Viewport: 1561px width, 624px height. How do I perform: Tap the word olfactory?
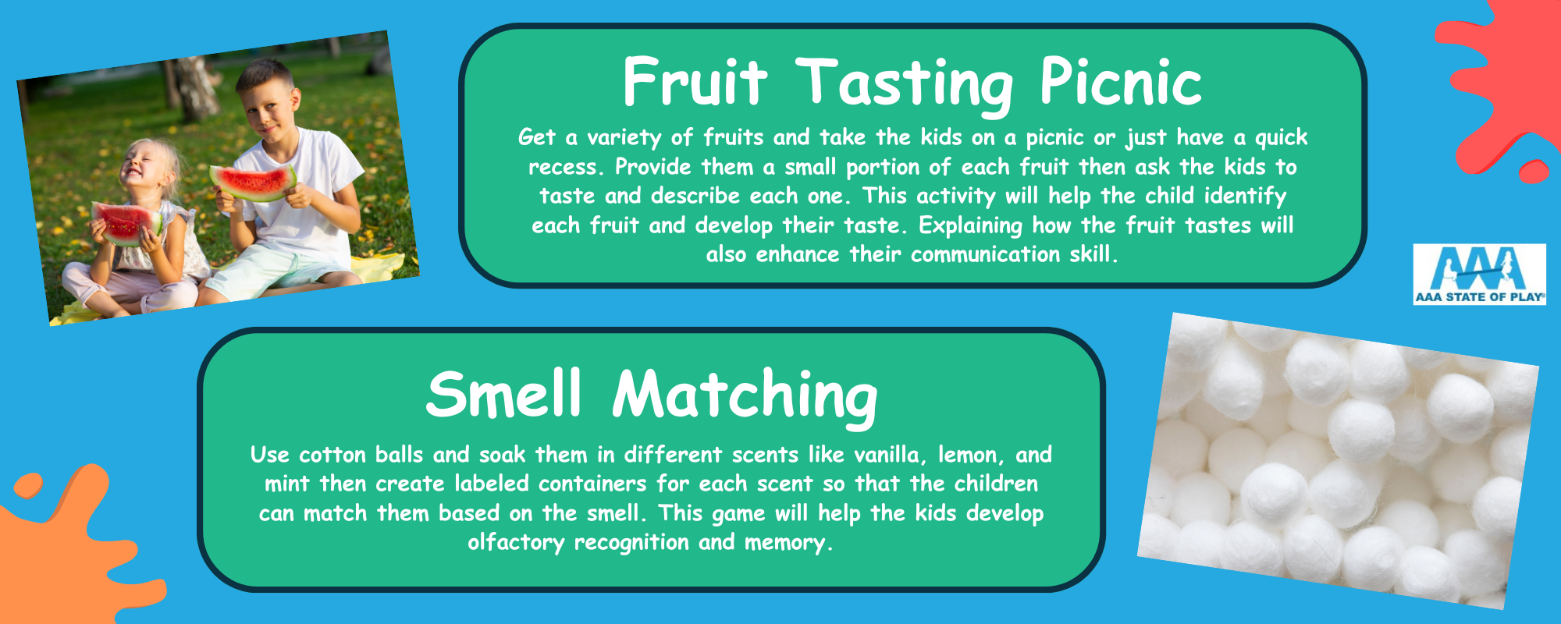pos(516,543)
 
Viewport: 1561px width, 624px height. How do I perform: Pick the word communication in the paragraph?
pos(986,254)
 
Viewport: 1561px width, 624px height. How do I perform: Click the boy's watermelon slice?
pos(253,182)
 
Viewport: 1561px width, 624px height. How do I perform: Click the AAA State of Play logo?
pos(1479,274)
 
